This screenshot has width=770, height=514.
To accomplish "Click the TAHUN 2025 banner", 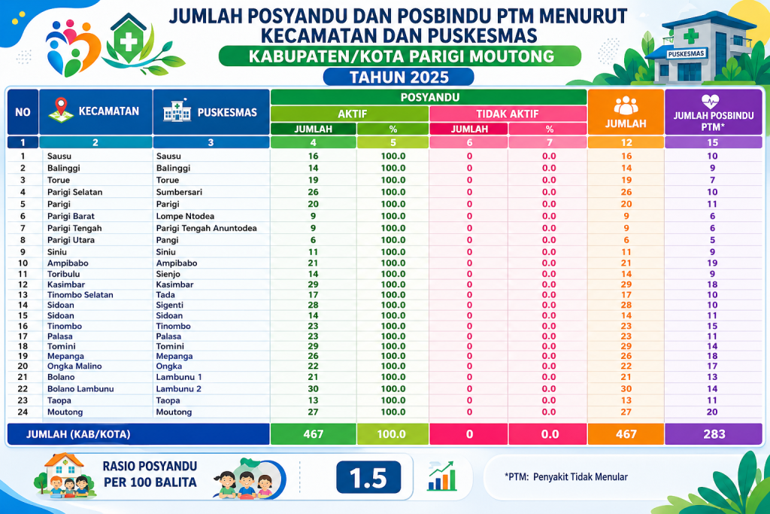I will (399, 77).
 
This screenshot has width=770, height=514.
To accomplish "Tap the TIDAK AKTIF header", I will (508, 114).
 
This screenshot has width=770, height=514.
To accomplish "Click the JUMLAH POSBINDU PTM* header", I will (711, 113).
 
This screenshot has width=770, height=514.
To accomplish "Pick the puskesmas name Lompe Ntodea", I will (184, 216).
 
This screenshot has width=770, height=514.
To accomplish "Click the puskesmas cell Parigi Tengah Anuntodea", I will (206, 228).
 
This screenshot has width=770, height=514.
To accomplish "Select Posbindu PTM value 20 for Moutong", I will (711, 412).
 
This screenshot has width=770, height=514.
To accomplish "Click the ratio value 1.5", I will (368, 477).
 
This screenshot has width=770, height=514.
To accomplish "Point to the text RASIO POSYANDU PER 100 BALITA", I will (149, 473).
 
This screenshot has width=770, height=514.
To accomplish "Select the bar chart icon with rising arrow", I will (442, 476).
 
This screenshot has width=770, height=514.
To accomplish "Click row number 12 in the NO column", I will (23, 284).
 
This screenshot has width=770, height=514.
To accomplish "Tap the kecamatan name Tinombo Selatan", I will (80, 295).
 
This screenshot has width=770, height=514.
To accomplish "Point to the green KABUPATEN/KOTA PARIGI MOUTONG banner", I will (399, 56).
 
